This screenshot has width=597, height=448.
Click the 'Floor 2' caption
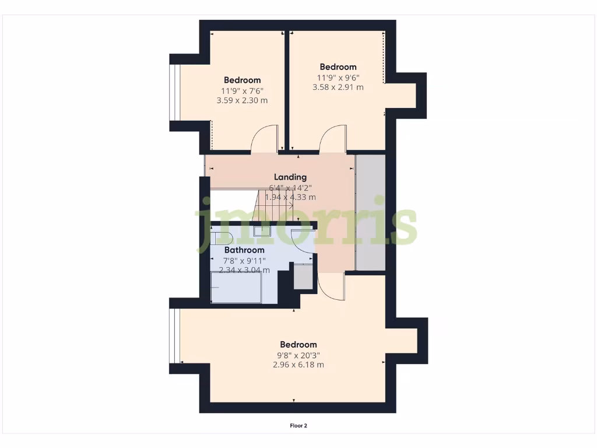298,426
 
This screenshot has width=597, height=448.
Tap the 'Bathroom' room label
244,250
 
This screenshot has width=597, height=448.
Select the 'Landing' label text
290,177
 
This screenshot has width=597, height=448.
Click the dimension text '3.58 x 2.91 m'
338,87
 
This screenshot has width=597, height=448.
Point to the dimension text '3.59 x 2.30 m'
242,100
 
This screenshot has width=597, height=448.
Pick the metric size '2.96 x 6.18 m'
298,365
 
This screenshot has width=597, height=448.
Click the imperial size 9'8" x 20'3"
298,355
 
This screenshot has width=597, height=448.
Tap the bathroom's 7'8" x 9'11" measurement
244,260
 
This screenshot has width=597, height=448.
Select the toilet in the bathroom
222,236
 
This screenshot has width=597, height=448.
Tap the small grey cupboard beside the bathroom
303,276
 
